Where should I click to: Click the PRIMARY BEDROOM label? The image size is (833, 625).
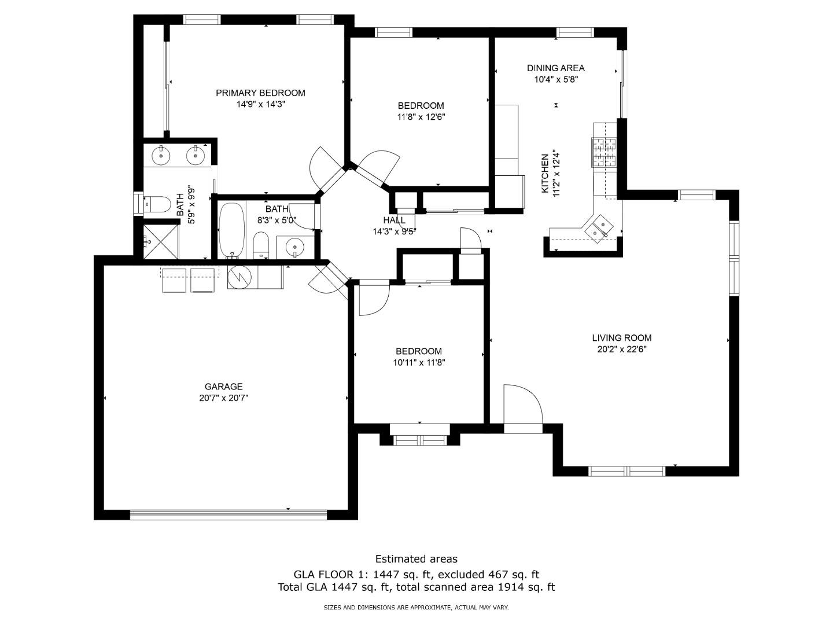[260, 93]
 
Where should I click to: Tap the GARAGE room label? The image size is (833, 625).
[223, 387]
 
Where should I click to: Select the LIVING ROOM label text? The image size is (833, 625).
[622, 338]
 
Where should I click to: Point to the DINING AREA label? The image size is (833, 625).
[555, 68]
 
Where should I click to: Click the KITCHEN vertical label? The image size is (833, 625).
[545, 173]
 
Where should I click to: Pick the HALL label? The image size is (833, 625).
[394, 220]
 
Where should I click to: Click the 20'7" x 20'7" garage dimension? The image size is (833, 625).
[223, 398]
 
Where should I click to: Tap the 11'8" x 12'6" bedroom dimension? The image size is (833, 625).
[421, 117]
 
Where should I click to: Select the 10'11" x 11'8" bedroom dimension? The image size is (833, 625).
[419, 363]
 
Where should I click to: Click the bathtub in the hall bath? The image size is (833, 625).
[231, 230]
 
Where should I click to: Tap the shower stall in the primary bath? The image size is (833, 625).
[161, 242]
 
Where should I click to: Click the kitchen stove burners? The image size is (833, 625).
[604, 153]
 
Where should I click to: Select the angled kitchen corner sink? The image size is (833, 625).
[599, 229]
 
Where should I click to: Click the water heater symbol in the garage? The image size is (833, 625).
[240, 277]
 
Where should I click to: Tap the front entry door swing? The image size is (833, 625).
[523, 409]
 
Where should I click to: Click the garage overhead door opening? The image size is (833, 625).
[228, 514]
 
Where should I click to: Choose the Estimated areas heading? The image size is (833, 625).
[417, 559]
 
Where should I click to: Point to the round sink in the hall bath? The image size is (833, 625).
[295, 247]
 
